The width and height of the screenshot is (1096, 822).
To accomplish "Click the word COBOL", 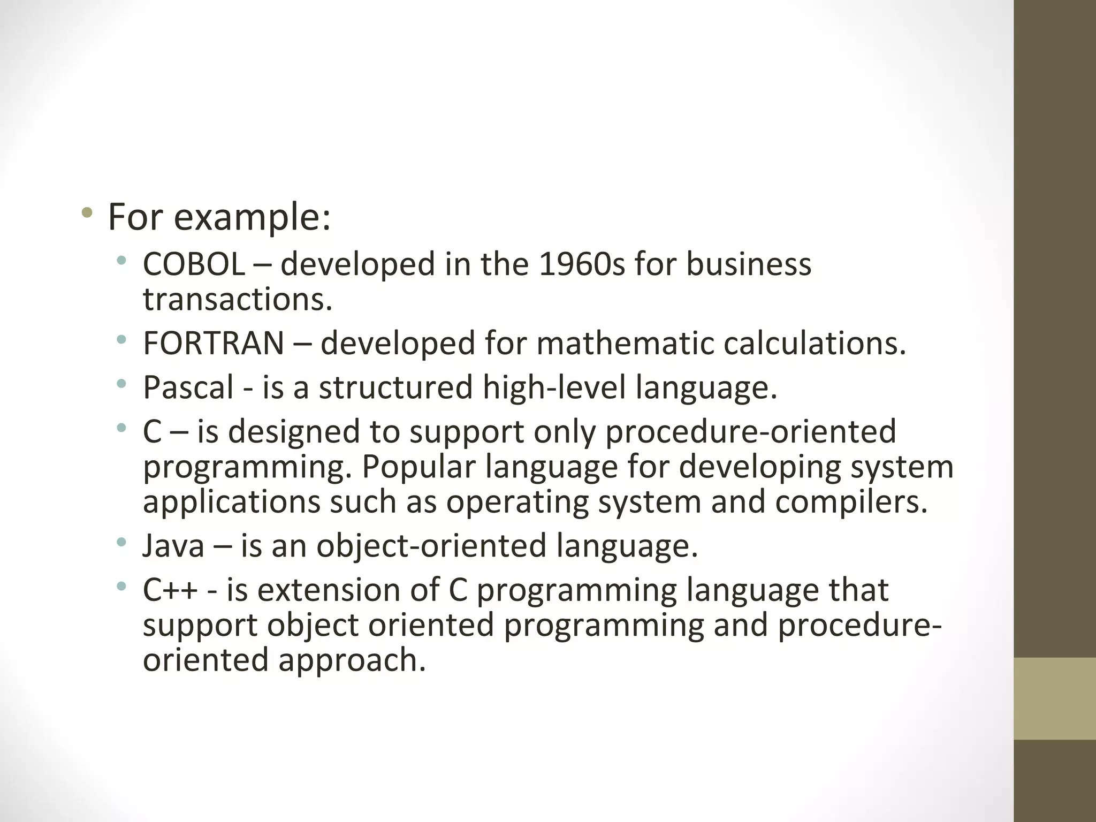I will pyautogui.click(x=194, y=264).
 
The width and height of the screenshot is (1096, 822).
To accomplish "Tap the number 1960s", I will pyautogui.click(x=582, y=264).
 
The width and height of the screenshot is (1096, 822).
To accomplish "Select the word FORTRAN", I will pyautogui.click(x=213, y=343).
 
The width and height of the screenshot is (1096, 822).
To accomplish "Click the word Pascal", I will pyautogui.click(x=188, y=387).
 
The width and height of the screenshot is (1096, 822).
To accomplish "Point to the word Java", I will pyautogui.click(x=173, y=546).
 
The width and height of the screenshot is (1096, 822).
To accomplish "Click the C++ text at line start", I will pyautogui.click(x=170, y=590).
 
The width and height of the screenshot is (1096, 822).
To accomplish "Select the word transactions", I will pyautogui.click(x=238, y=300).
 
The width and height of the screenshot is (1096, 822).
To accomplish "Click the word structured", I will pyautogui.click(x=395, y=387).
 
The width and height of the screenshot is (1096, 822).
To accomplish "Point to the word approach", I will pyautogui.click(x=352, y=660).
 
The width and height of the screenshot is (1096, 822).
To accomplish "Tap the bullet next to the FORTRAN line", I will pyautogui.click(x=121, y=339).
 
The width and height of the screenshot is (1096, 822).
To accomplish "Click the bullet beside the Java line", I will pyautogui.click(x=121, y=542).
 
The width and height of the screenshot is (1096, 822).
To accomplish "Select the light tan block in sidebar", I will pyautogui.click(x=1054, y=698).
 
